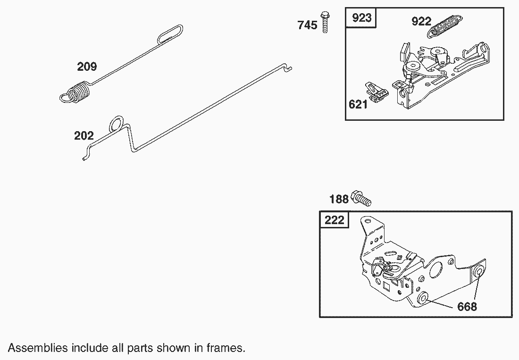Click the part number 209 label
click(x=87, y=67)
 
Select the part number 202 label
click(x=84, y=136)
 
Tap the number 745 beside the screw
click(x=307, y=25)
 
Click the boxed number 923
click(x=362, y=18)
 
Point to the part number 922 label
click(x=421, y=22)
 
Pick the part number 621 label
click(x=358, y=105)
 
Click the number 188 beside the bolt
click(x=339, y=199)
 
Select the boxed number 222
click(x=335, y=220)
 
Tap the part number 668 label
click(x=467, y=307)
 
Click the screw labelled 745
click(x=325, y=21)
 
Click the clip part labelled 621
click(x=377, y=91)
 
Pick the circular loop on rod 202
click(x=117, y=125)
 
